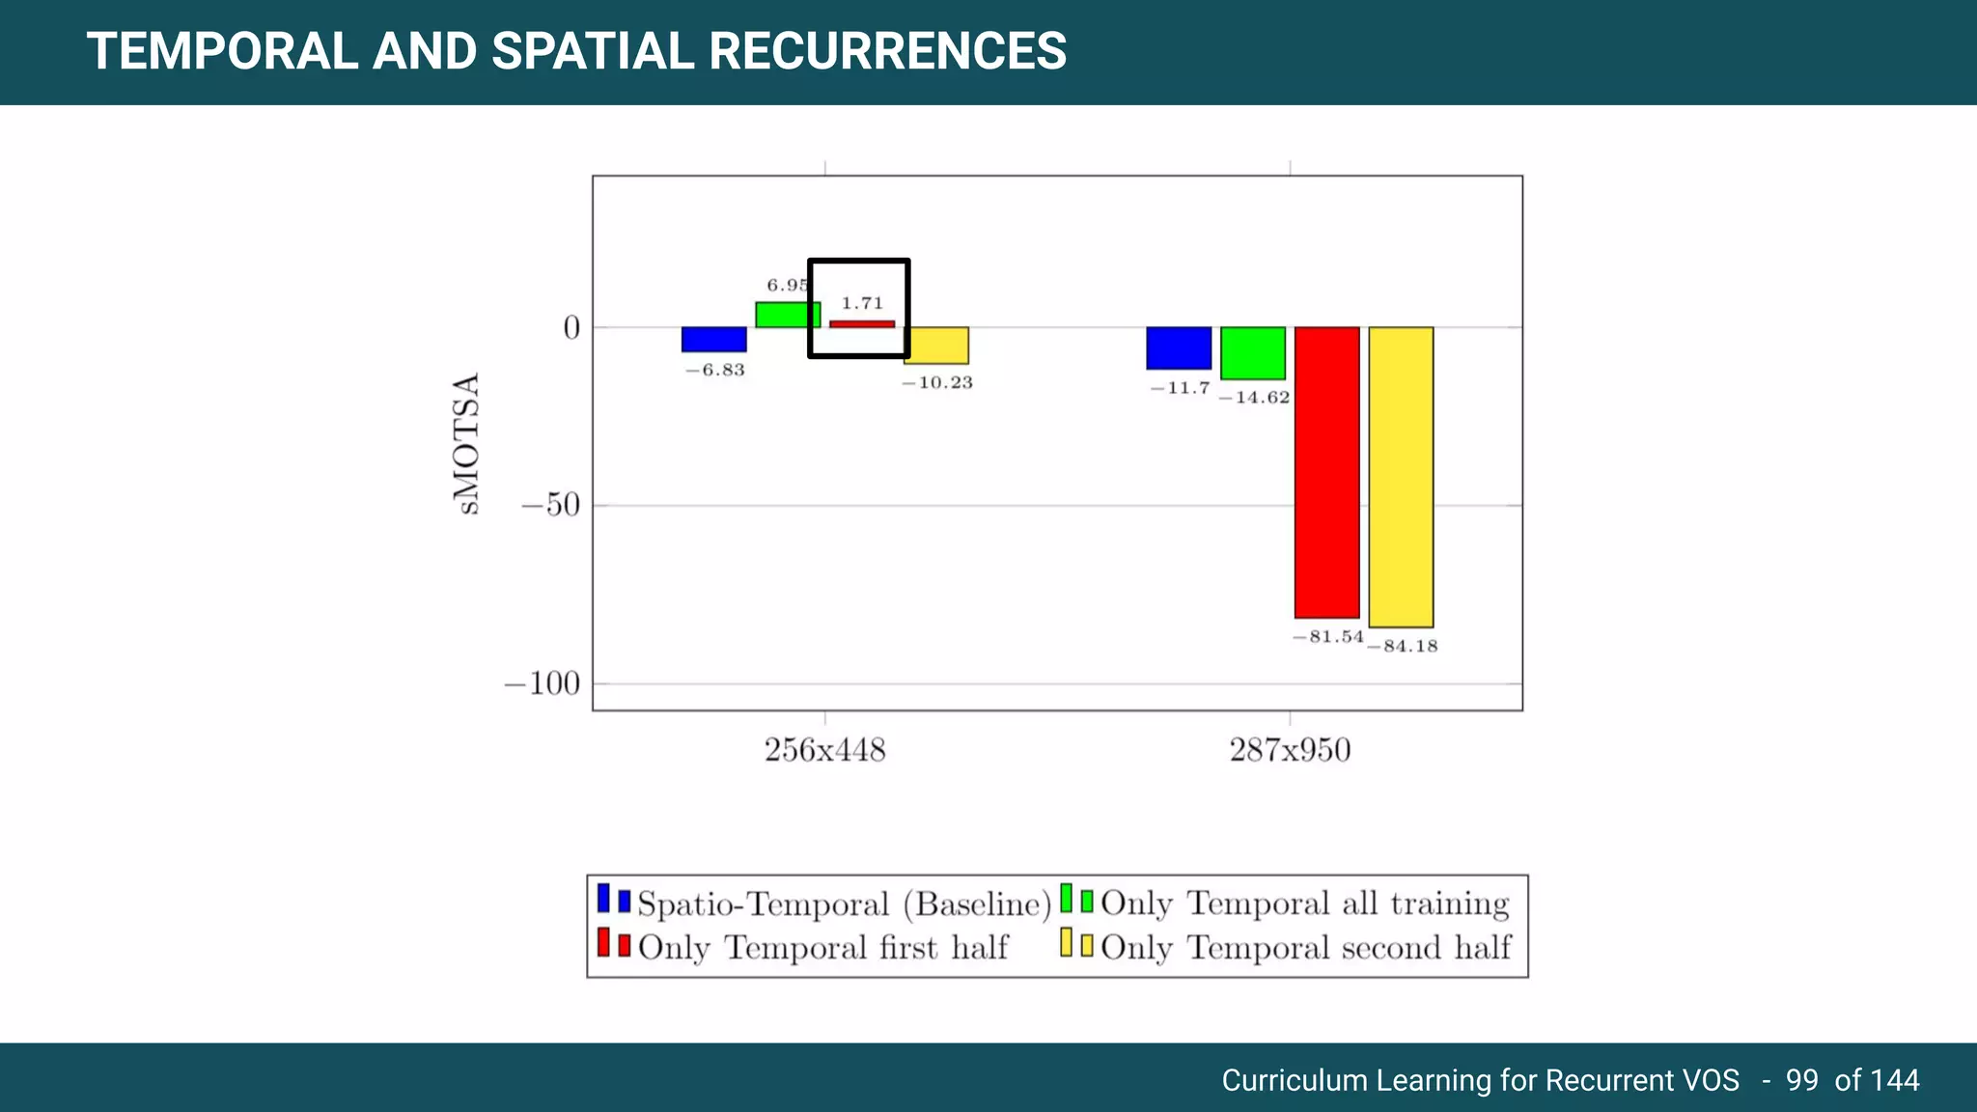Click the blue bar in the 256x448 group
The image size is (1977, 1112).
pos(713,340)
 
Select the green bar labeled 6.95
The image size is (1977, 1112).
pos(787,316)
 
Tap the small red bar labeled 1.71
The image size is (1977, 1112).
pos(862,324)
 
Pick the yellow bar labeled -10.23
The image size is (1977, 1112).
pos(935,346)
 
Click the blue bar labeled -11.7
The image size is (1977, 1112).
pos(1179,348)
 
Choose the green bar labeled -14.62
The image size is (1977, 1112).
pos(1252,353)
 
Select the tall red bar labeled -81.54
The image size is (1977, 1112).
pos(1326,472)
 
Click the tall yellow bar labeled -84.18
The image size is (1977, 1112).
pos(1401,477)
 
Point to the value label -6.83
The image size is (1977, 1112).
pos(715,371)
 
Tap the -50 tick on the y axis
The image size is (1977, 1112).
pos(551,505)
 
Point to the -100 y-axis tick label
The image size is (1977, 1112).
pos(543,684)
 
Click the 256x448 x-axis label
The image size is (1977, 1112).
pos(824,750)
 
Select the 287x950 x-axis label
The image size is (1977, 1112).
pos(1290,750)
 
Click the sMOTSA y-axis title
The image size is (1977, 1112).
pos(466,444)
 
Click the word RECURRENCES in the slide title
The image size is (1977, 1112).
pos(887,51)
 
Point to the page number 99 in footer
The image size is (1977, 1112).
pos(1801,1080)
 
